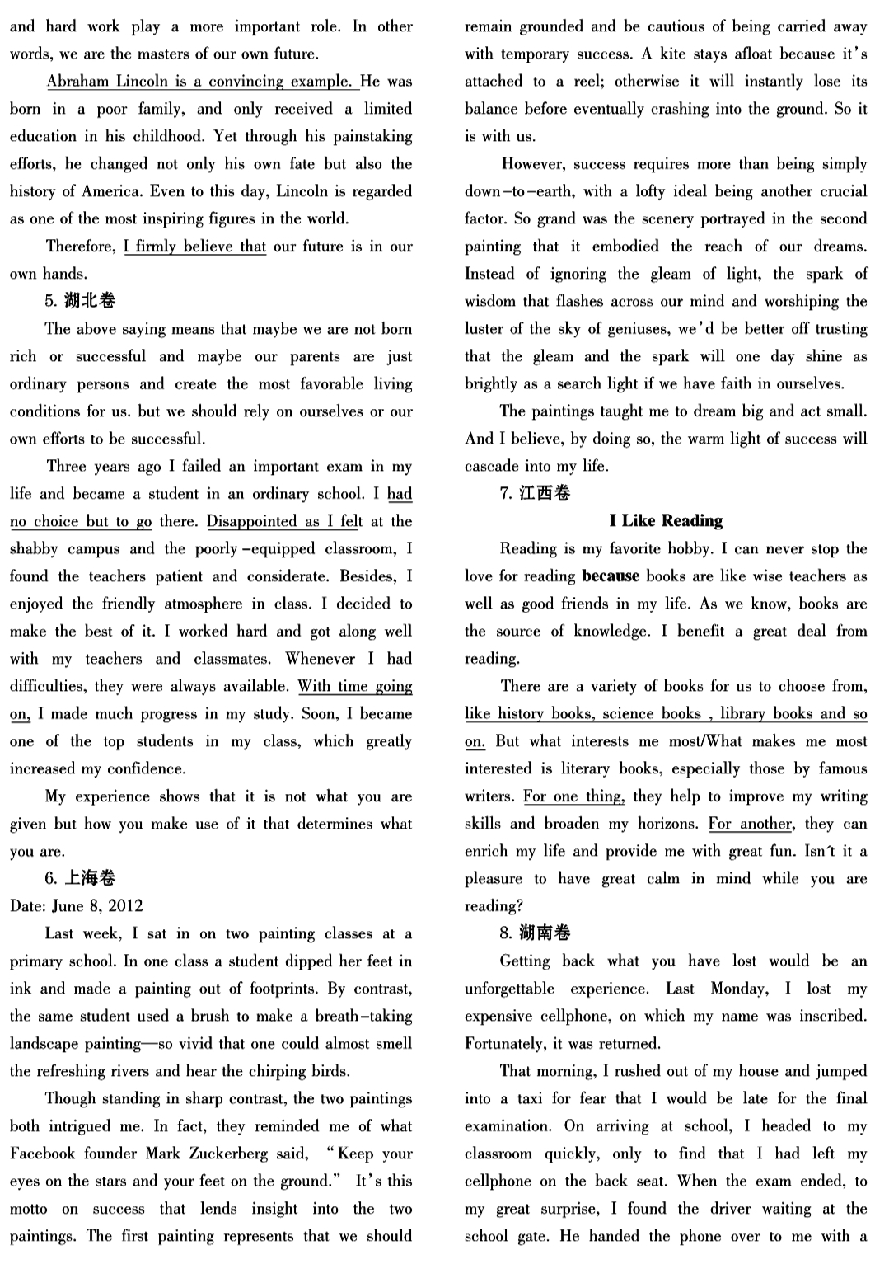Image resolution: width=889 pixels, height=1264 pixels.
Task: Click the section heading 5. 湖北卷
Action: tap(80, 301)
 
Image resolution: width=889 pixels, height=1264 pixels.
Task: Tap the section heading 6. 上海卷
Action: tap(80, 878)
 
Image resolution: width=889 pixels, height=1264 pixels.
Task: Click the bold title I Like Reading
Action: tap(666, 521)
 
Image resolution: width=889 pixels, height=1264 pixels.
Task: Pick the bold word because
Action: tap(611, 576)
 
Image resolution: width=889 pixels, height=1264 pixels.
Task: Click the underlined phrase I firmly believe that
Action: tap(194, 247)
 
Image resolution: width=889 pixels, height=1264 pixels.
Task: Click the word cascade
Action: tap(493, 467)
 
